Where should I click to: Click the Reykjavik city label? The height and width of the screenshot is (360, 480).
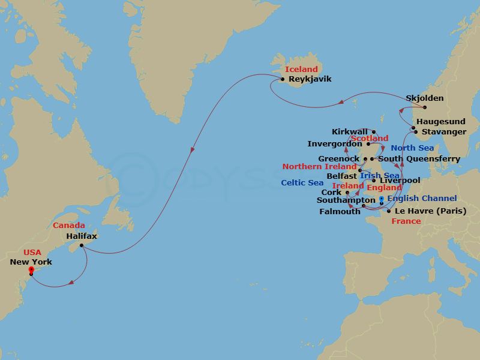[310, 79]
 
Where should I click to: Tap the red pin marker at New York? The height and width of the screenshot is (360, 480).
[31, 271]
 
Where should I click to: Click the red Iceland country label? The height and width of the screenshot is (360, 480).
[301, 70]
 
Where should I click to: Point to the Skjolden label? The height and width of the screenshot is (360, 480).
[425, 98]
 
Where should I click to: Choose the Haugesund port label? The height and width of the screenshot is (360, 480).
[441, 121]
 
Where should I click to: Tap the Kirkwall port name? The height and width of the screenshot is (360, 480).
[350, 132]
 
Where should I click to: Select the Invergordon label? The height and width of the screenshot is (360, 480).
[335, 144]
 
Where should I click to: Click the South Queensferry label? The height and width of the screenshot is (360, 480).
[419, 159]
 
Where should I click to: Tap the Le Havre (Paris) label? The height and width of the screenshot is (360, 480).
[430, 211]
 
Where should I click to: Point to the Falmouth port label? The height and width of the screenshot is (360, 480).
[341, 211]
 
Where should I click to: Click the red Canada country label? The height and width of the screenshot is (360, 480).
[68, 226]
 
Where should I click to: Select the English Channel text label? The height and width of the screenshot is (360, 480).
[422, 199]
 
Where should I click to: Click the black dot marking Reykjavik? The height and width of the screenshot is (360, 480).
[283, 79]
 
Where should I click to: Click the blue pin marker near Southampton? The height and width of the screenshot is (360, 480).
[382, 200]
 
